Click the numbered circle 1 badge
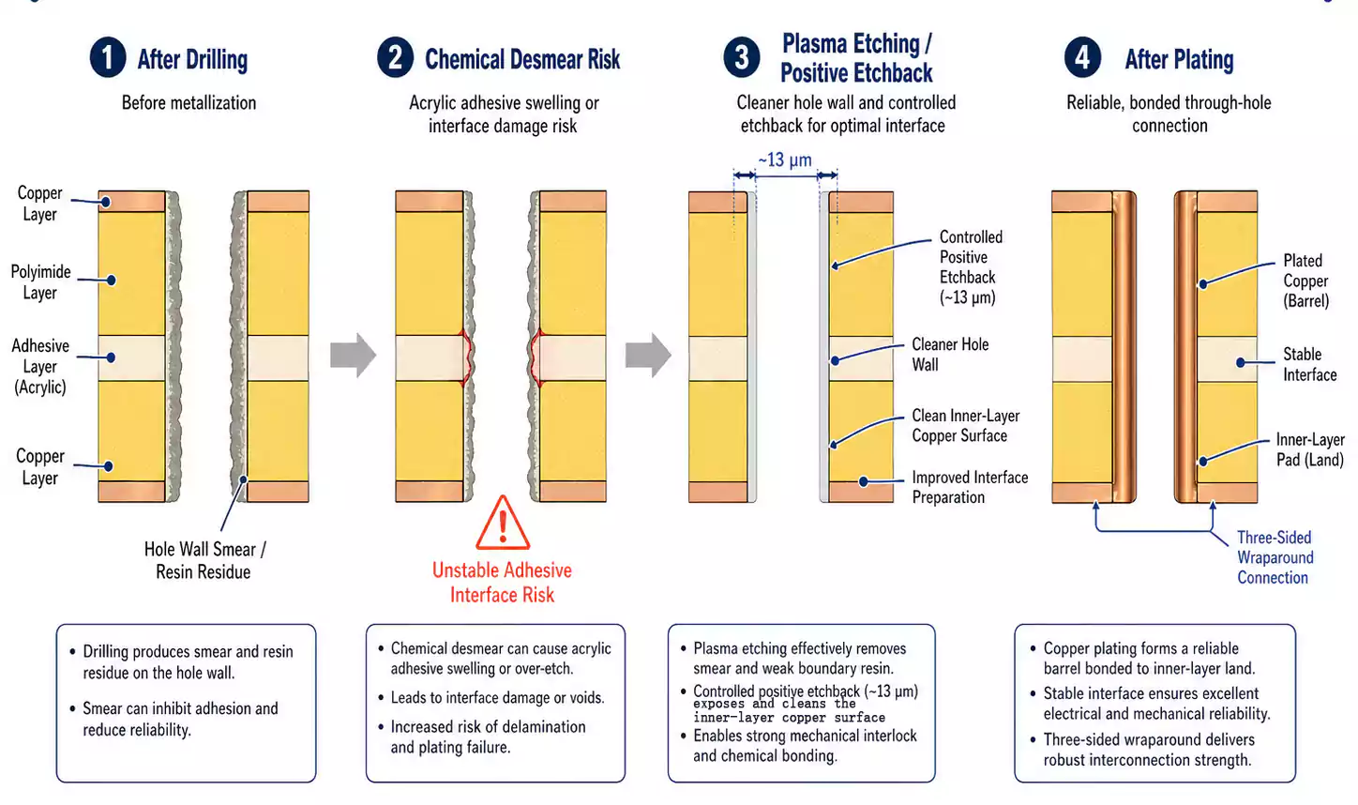(x=108, y=57)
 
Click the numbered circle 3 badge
(x=741, y=57)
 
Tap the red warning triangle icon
(x=503, y=524)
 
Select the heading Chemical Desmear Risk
(x=521, y=59)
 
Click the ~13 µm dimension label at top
(x=785, y=159)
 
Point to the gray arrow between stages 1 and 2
(x=353, y=356)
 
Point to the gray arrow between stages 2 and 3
(x=648, y=356)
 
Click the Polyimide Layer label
(x=40, y=281)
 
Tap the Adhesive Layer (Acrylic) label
(x=40, y=366)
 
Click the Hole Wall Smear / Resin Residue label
(x=204, y=560)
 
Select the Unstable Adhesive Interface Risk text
(x=502, y=582)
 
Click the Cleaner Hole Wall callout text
(x=949, y=354)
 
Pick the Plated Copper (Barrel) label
(x=1305, y=281)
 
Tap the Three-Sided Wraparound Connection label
(x=1274, y=557)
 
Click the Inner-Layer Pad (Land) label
(x=1309, y=449)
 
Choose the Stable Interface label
(x=1309, y=364)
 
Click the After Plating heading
(x=1179, y=59)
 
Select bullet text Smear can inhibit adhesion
(x=180, y=719)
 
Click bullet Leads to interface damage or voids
(x=497, y=697)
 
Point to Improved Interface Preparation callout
(x=969, y=487)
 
